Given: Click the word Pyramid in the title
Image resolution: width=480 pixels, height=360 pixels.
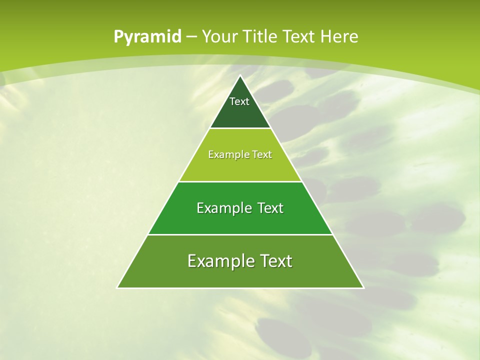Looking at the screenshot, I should pyautogui.click(x=147, y=37).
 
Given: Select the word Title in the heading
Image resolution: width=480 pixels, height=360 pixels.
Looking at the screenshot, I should pyautogui.click(x=261, y=37).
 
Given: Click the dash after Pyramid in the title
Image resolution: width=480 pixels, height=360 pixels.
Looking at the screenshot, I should pyautogui.click(x=191, y=37).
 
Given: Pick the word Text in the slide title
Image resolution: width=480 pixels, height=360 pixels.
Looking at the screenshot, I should pyautogui.click(x=299, y=37).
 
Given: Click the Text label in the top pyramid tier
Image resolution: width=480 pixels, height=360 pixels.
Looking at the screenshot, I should pyautogui.click(x=239, y=101).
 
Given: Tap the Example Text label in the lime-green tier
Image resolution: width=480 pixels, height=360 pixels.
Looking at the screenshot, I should pyautogui.click(x=240, y=155).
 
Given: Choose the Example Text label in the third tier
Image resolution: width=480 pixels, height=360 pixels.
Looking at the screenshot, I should pyautogui.click(x=240, y=208).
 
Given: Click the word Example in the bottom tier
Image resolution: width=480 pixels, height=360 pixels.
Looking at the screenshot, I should pyautogui.click(x=217, y=261).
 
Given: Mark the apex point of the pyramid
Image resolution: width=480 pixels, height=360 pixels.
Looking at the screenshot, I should pyautogui.click(x=240, y=76).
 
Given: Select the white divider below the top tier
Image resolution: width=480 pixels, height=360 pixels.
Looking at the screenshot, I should pyautogui.click(x=240, y=128).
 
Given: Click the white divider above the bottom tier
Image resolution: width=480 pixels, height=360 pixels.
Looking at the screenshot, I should pyautogui.click(x=240, y=234).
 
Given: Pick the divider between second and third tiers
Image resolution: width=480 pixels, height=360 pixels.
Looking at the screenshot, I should pyautogui.click(x=240, y=181).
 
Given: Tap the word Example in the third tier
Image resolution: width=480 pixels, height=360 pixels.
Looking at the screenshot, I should pyautogui.click(x=220, y=208).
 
